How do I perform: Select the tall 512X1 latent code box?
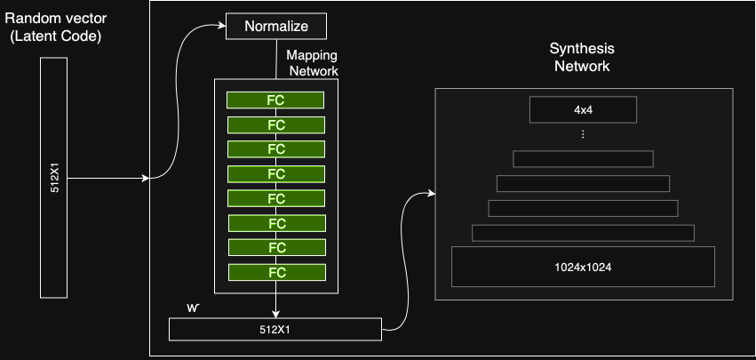[53, 178]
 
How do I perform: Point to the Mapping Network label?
[312, 63]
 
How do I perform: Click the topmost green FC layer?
[275, 100]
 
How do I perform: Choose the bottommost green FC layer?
[275, 272]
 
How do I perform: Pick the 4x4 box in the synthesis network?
[583, 110]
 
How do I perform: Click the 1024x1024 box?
[583, 267]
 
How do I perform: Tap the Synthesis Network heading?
[582, 58]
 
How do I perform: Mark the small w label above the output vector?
[192, 308]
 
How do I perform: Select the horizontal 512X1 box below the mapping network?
[275, 330]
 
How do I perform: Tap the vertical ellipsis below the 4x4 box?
[583, 135]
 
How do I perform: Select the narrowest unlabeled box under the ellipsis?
[583, 159]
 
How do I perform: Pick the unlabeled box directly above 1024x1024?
[583, 233]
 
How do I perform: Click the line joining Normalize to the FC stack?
[275, 59]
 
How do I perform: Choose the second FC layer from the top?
[275, 124]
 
